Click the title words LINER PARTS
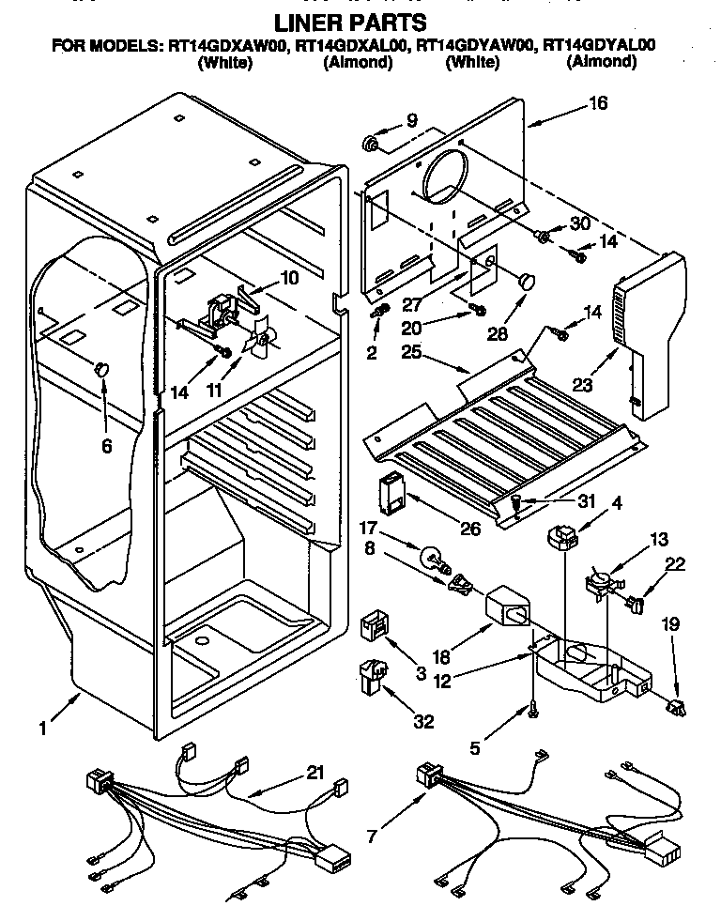pyautogui.click(x=348, y=21)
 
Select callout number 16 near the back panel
pyautogui.click(x=598, y=104)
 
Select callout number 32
pyautogui.click(x=424, y=721)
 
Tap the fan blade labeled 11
pyautogui.click(x=260, y=340)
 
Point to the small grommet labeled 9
pyautogui.click(x=372, y=144)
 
